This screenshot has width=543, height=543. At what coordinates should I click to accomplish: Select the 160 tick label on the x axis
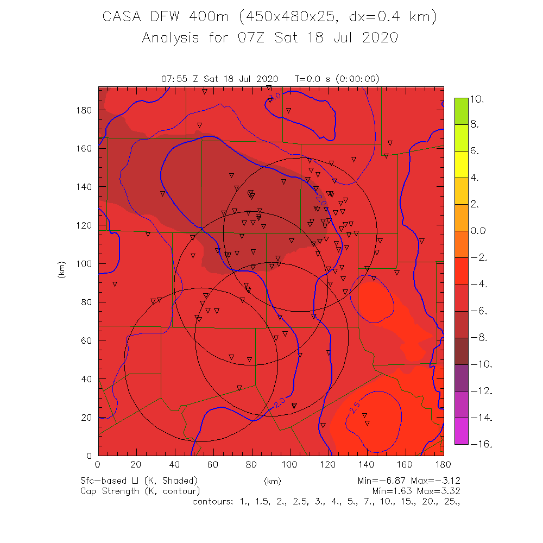405,464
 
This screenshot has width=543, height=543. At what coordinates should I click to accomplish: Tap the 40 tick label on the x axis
174,464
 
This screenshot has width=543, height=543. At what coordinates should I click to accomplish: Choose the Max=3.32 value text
439,491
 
